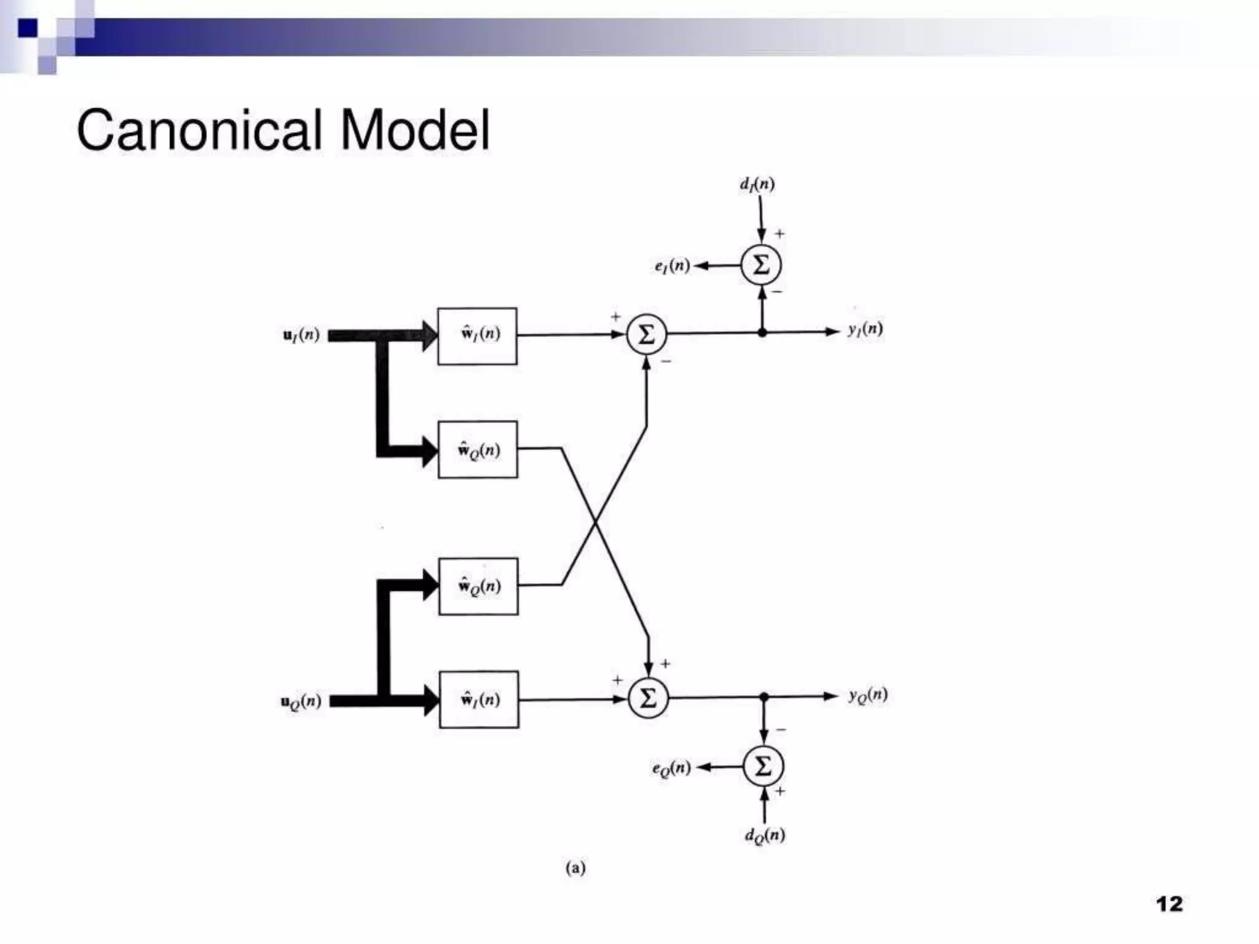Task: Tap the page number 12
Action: tap(1169, 904)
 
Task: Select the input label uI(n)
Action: tap(301, 335)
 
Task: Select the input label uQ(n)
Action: tap(301, 701)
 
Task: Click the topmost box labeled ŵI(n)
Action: tap(477, 336)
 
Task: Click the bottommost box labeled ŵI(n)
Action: tap(479, 699)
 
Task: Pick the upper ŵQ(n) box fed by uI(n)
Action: tap(478, 450)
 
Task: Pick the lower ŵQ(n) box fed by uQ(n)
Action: tap(478, 586)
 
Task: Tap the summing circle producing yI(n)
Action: tap(646, 335)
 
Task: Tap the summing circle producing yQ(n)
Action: tap(648, 699)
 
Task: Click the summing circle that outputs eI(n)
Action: tap(761, 265)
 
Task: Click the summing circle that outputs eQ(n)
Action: tap(763, 766)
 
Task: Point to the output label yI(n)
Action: tap(865, 329)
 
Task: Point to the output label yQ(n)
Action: tap(868, 695)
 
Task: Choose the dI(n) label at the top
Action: tap(757, 184)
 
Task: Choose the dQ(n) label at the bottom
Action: tap(765, 835)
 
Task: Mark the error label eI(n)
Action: tap(672, 266)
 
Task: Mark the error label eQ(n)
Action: tap(671, 768)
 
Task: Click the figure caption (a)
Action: tap(575, 868)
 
